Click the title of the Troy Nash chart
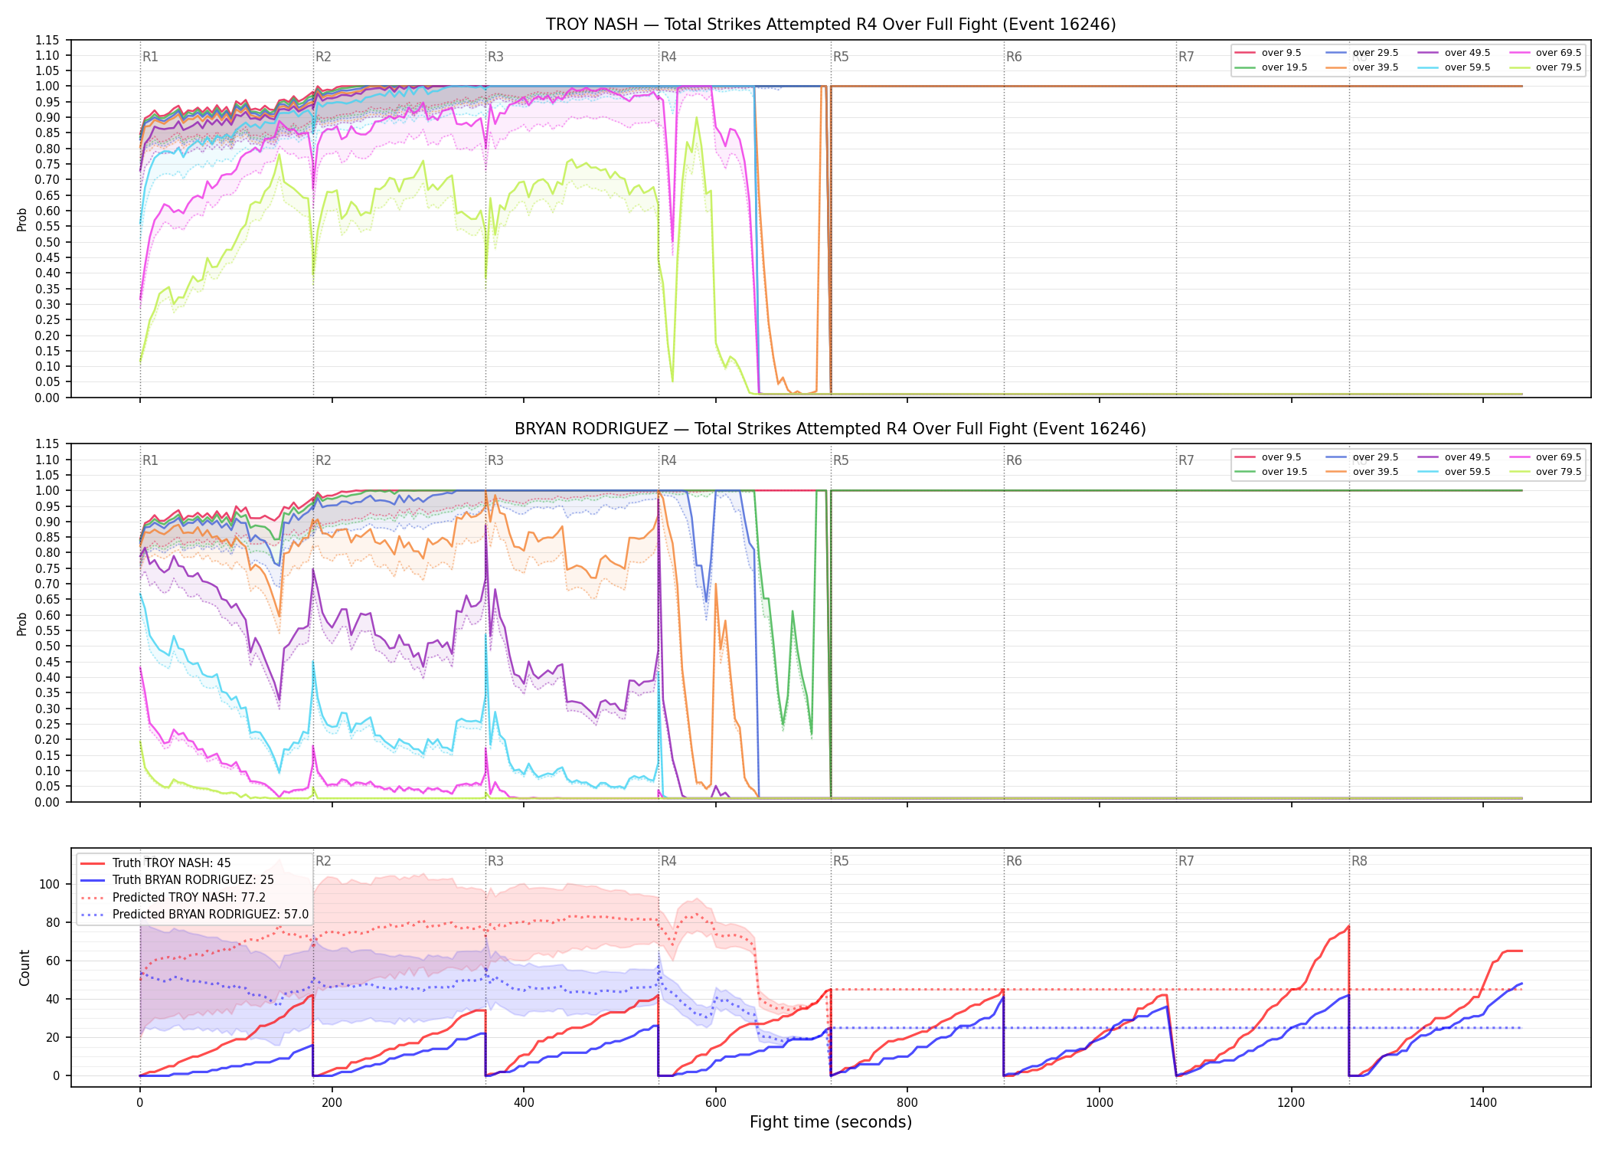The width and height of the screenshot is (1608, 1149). [831, 25]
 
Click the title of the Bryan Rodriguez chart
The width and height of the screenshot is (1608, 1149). [831, 429]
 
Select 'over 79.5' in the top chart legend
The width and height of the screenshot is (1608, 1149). [1558, 67]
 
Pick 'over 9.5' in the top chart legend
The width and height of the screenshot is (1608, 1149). [1281, 53]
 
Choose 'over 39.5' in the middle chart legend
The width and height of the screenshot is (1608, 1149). [1375, 472]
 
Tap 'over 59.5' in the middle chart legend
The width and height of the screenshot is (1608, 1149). [1467, 472]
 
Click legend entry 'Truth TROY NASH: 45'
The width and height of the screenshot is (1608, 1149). [172, 863]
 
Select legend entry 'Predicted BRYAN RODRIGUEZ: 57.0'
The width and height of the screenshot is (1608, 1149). [211, 915]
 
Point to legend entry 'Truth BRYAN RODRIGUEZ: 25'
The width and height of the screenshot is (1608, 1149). [193, 880]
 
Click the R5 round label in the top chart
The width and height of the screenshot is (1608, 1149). [841, 57]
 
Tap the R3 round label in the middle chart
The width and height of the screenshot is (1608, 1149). [495, 460]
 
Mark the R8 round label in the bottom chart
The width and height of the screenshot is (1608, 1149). [1359, 861]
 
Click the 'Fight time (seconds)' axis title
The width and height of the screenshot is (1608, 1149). [831, 1122]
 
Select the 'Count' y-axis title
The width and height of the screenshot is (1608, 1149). [25, 968]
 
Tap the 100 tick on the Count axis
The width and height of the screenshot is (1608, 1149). [50, 884]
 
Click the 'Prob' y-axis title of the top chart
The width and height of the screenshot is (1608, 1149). [22, 220]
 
